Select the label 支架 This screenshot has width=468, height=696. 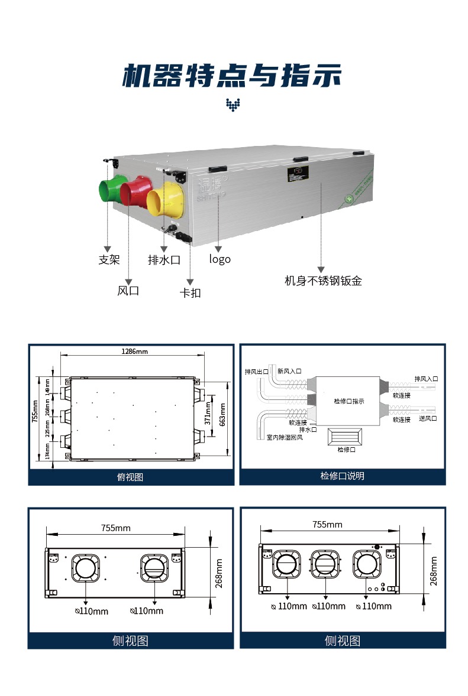[x=109, y=259]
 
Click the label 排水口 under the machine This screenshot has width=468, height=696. [x=163, y=259]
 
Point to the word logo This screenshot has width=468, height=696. [x=220, y=259]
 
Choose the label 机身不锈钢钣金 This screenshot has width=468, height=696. [x=323, y=281]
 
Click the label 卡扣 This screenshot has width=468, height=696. [x=190, y=292]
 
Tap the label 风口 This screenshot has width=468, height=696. [x=128, y=291]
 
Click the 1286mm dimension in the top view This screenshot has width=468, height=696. [x=134, y=352]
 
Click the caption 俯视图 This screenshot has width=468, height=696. [x=131, y=477]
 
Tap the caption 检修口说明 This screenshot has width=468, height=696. [x=343, y=476]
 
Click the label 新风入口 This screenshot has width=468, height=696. [x=289, y=371]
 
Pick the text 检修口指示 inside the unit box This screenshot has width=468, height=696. [x=349, y=401]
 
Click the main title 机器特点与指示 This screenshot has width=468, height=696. [x=233, y=77]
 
